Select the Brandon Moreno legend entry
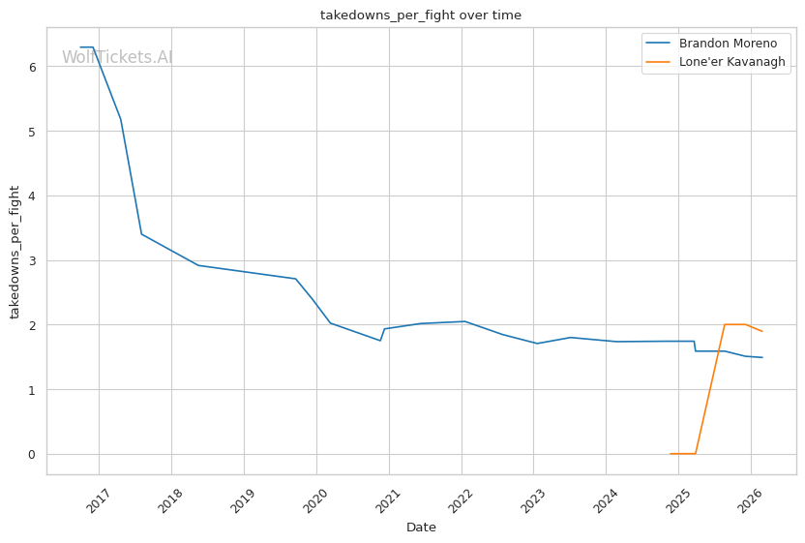tap(727, 44)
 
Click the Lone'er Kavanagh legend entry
tap(731, 62)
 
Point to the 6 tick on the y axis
tap(32, 67)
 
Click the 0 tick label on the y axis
tap(32, 454)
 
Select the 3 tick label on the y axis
tap(32, 260)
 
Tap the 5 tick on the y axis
tap(32, 132)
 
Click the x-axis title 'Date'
tap(421, 528)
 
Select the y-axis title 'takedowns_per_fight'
tap(15, 251)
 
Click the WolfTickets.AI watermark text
tap(117, 57)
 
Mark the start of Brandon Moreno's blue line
tap(80, 46)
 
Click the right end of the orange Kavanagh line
tap(762, 331)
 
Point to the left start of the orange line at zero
tap(670, 454)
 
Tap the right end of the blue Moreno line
tap(762, 357)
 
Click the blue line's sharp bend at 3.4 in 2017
tap(141, 234)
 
